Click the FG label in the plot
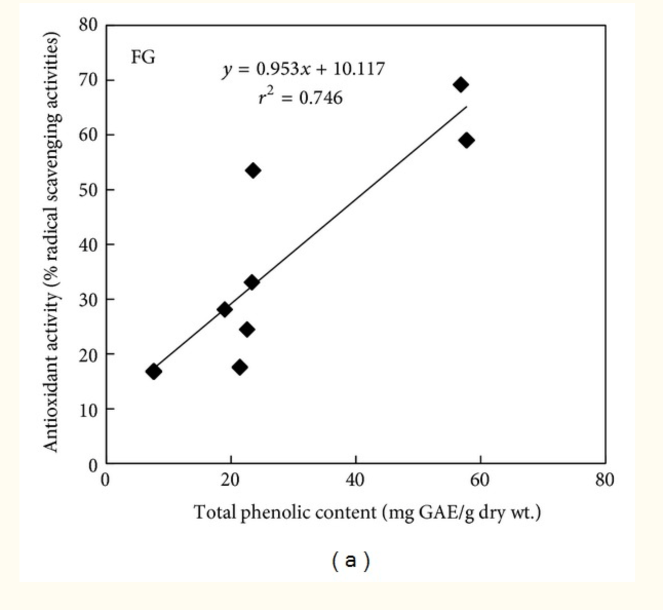[x=143, y=57]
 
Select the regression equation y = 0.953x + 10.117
[x=303, y=69]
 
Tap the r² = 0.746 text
[x=300, y=97]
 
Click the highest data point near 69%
[x=461, y=85]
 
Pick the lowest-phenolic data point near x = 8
[x=153, y=371]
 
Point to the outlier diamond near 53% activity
[x=252, y=170]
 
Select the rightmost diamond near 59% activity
[x=466, y=140]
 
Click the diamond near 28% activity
[x=224, y=309]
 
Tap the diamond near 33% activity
[x=251, y=282]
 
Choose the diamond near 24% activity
[x=247, y=329]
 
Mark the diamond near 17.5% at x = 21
[x=240, y=367]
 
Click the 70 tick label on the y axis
[x=88, y=80]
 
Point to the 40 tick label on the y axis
[x=88, y=244]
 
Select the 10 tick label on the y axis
[x=88, y=409]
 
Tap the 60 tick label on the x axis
[x=480, y=480]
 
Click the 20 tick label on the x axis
[x=230, y=480]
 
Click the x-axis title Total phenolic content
[x=367, y=512]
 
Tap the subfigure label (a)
[x=350, y=561]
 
